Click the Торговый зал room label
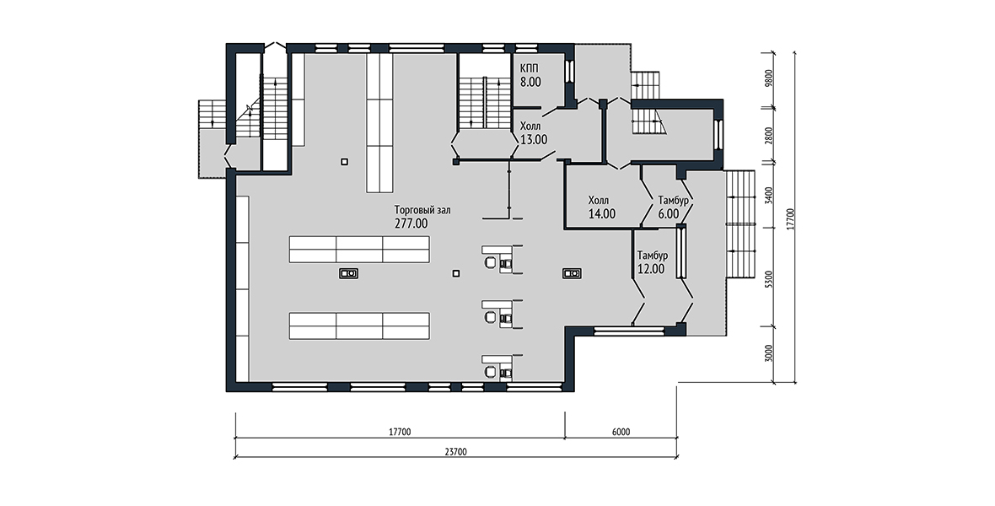point(422,210)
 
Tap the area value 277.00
point(411,223)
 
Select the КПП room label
point(530,68)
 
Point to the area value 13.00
point(534,140)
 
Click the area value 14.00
point(601,214)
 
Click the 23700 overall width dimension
point(455,452)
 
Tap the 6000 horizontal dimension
point(621,433)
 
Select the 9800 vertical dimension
point(768,78)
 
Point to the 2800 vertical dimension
point(768,136)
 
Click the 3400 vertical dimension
point(768,195)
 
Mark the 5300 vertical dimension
point(768,279)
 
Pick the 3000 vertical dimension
point(768,353)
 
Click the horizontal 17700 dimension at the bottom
point(400,433)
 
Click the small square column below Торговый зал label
point(455,273)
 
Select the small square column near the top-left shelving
point(344,162)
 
